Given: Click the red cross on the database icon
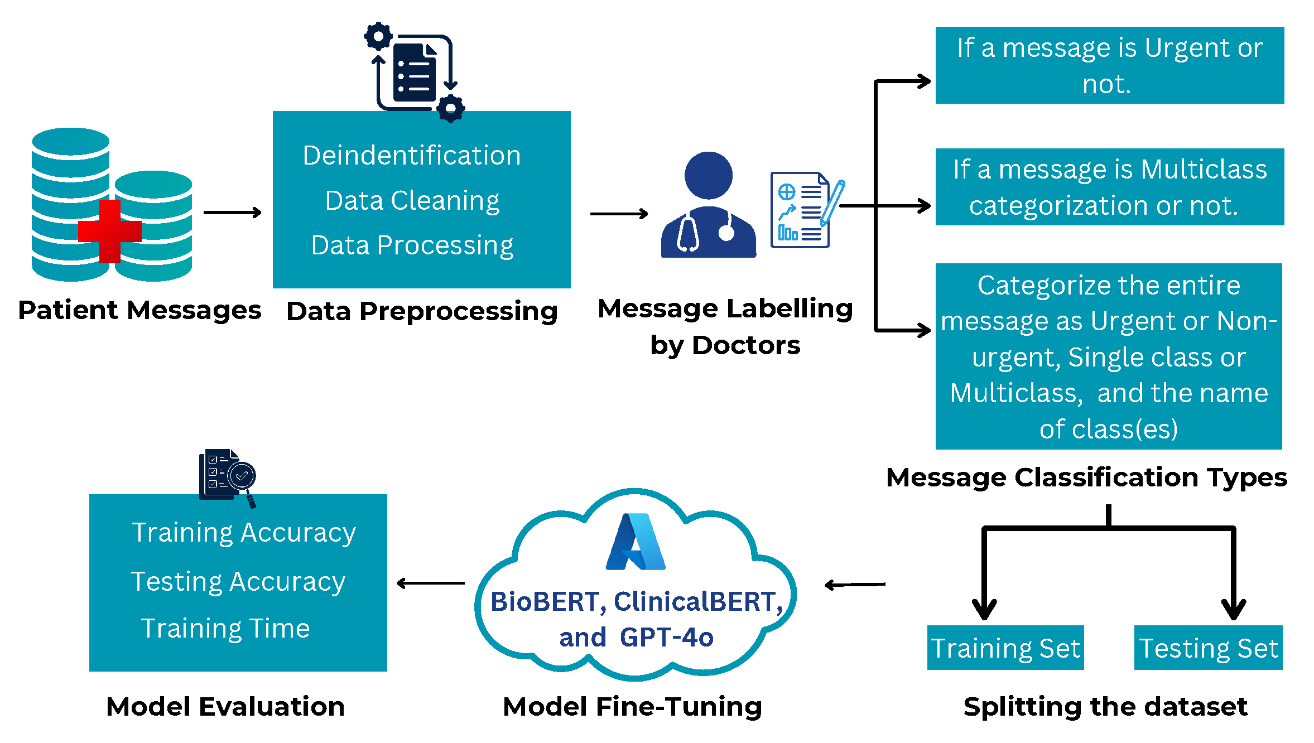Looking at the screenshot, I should [x=109, y=231].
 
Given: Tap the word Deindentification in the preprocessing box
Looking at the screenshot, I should [x=412, y=155].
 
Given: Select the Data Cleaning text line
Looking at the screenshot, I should [x=412, y=200].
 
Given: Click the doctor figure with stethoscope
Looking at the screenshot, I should [x=708, y=206].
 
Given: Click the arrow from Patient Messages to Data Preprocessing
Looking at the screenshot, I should [x=232, y=213].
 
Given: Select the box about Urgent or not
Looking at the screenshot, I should [x=1109, y=65].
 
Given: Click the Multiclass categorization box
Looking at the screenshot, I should [x=1109, y=187].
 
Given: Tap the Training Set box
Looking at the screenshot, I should [x=1005, y=648].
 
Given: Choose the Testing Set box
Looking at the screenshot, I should [x=1208, y=648].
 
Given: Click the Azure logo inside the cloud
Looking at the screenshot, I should [x=636, y=542].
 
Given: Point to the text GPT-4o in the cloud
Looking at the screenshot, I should [x=666, y=637].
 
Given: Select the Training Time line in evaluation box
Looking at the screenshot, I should [x=225, y=628].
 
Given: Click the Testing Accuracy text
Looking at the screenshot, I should [x=238, y=581].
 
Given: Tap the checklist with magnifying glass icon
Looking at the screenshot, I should [x=228, y=477].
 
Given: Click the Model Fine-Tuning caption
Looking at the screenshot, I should [x=632, y=706].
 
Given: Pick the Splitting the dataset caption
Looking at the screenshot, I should [x=1105, y=706].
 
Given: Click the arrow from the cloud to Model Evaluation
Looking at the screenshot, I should [x=430, y=583].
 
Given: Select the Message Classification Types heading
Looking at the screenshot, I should [x=1086, y=477].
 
